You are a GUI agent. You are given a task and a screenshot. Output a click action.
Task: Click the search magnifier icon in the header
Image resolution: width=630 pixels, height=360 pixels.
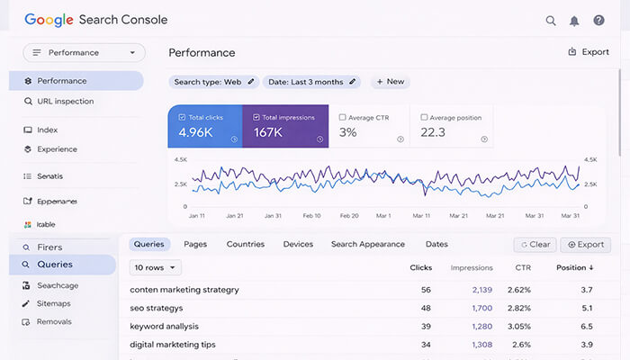[551, 21]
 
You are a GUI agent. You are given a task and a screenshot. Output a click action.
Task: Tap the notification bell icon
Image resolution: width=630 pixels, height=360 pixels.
[574, 21]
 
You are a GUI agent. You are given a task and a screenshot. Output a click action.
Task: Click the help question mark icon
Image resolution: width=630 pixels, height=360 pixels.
[598, 21]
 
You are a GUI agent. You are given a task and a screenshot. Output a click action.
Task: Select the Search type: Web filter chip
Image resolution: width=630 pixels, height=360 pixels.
[214, 82]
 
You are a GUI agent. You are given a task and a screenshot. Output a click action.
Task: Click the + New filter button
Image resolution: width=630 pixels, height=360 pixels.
[389, 82]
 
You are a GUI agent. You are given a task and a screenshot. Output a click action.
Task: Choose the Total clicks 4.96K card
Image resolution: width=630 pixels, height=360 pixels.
[204, 126]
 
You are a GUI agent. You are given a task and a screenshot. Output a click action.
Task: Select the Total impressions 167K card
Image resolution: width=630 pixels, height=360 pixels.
[284, 126]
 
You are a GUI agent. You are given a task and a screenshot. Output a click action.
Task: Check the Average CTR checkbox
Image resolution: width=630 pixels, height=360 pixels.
[344, 118]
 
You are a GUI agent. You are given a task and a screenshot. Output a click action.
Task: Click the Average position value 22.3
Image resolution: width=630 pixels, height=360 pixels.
[433, 132]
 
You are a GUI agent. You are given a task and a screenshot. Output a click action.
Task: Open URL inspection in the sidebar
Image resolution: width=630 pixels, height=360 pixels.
[65, 102]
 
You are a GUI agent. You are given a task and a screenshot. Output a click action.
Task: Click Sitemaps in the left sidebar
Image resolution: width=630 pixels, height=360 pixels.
[54, 303]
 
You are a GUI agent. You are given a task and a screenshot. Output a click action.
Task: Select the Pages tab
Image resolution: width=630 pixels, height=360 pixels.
[195, 244]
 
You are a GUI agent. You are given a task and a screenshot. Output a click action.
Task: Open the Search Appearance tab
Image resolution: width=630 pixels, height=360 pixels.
[369, 244]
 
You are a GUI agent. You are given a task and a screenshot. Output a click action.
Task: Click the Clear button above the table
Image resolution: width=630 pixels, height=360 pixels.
[535, 245]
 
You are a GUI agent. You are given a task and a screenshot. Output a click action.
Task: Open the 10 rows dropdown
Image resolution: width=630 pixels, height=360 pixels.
[156, 267]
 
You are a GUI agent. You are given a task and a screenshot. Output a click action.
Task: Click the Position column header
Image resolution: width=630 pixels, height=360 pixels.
[574, 267]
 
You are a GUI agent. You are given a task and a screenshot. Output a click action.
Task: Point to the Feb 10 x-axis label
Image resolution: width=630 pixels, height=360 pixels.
[312, 216]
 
